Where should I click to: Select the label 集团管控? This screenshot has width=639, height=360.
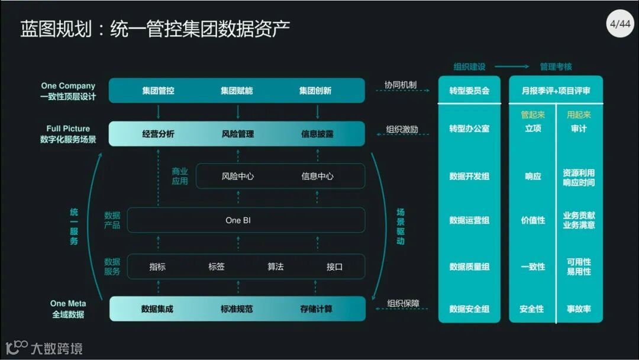tap(158, 91)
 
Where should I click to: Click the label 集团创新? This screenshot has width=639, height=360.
tap(315, 91)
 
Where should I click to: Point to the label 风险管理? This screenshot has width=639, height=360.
tap(237, 134)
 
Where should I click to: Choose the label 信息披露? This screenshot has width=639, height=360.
tap(317, 134)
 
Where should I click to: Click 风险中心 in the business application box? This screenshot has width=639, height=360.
tap(237, 176)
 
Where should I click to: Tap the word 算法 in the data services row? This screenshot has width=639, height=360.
tap(275, 266)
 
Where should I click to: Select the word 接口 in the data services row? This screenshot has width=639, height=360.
tap(334, 266)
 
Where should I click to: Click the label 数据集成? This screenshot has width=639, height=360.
tap(157, 308)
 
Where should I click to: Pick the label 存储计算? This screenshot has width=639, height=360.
tap(316, 308)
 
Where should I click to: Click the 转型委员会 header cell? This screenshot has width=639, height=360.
tap(469, 91)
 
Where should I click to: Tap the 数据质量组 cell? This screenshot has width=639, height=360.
tap(469, 266)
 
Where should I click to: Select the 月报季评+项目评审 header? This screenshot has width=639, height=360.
tap(556, 91)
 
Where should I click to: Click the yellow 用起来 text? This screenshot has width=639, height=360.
tap(579, 115)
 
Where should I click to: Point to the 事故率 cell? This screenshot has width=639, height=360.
tap(579, 308)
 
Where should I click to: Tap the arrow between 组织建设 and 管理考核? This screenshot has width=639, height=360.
tap(512, 67)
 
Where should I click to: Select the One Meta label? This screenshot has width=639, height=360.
tap(68, 303)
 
